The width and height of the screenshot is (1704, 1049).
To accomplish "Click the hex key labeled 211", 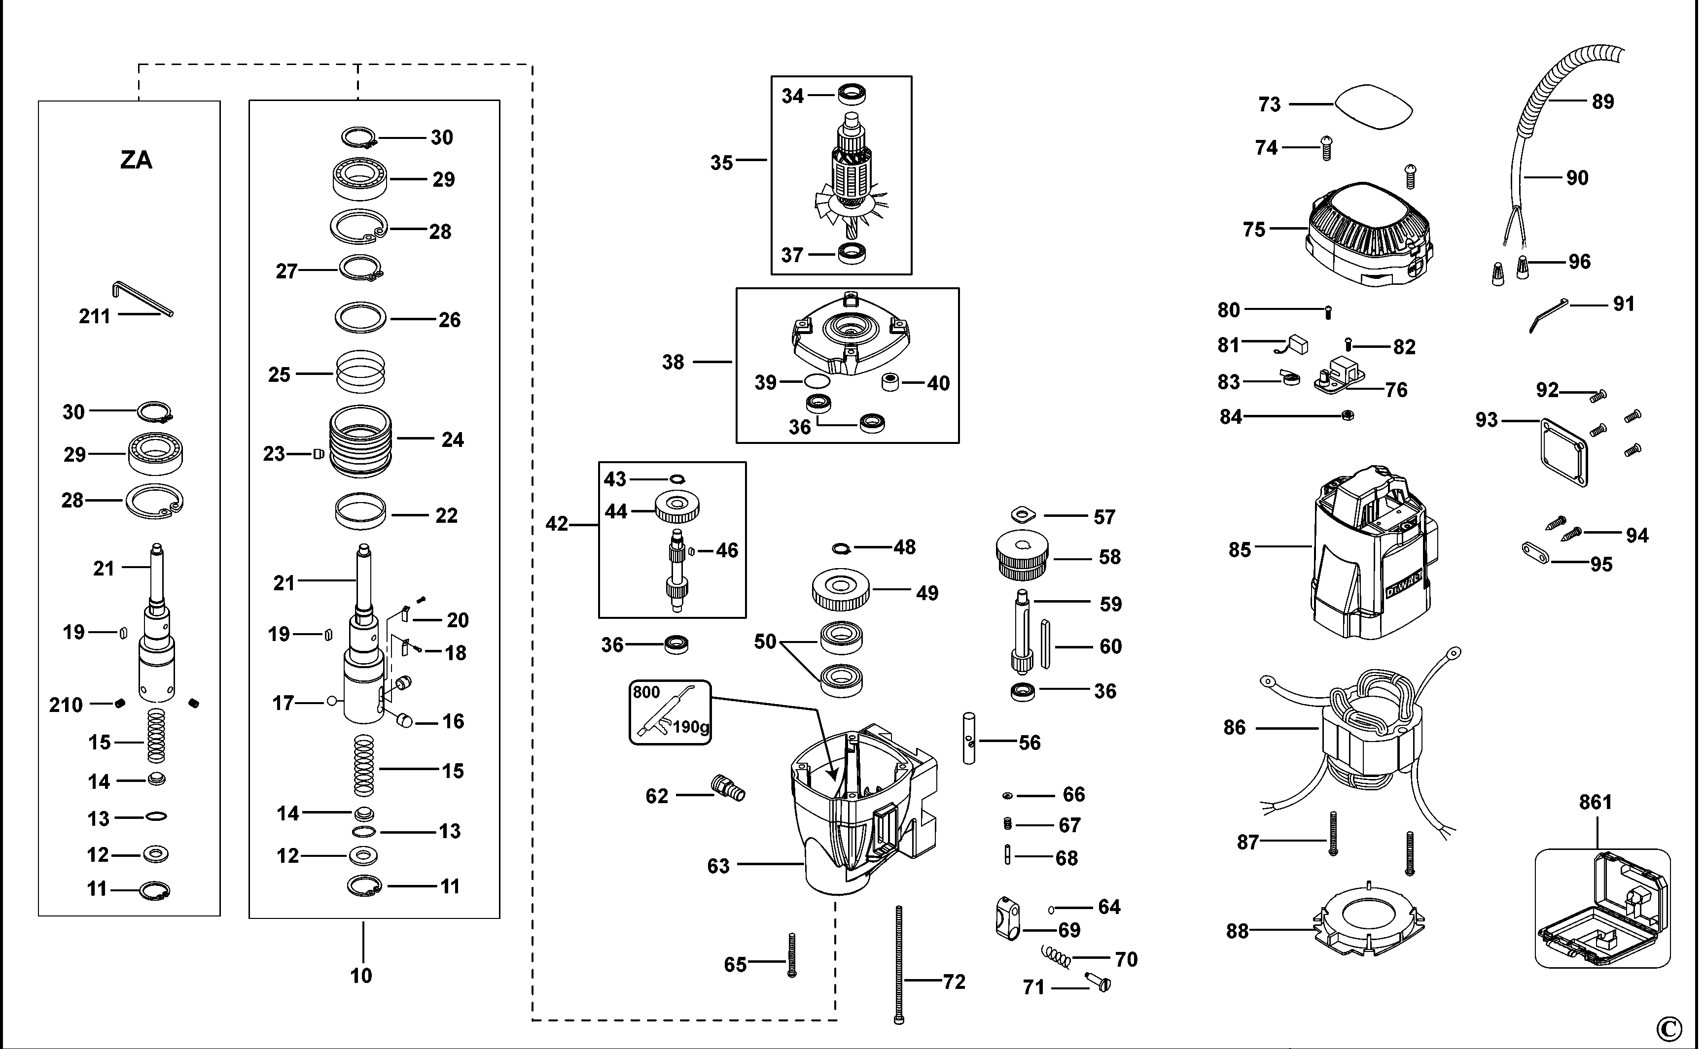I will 142,298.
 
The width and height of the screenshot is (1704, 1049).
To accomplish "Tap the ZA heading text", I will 136,160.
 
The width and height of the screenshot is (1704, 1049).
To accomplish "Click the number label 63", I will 718,866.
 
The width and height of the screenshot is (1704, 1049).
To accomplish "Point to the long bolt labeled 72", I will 899,964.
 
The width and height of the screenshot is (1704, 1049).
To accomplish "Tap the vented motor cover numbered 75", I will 1367,236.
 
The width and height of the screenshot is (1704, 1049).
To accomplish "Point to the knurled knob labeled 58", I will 1022,555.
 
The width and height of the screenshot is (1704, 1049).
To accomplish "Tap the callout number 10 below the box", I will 361,976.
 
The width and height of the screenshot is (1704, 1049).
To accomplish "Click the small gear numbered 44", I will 677,507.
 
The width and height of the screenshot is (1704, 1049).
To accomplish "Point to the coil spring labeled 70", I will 1057,957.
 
